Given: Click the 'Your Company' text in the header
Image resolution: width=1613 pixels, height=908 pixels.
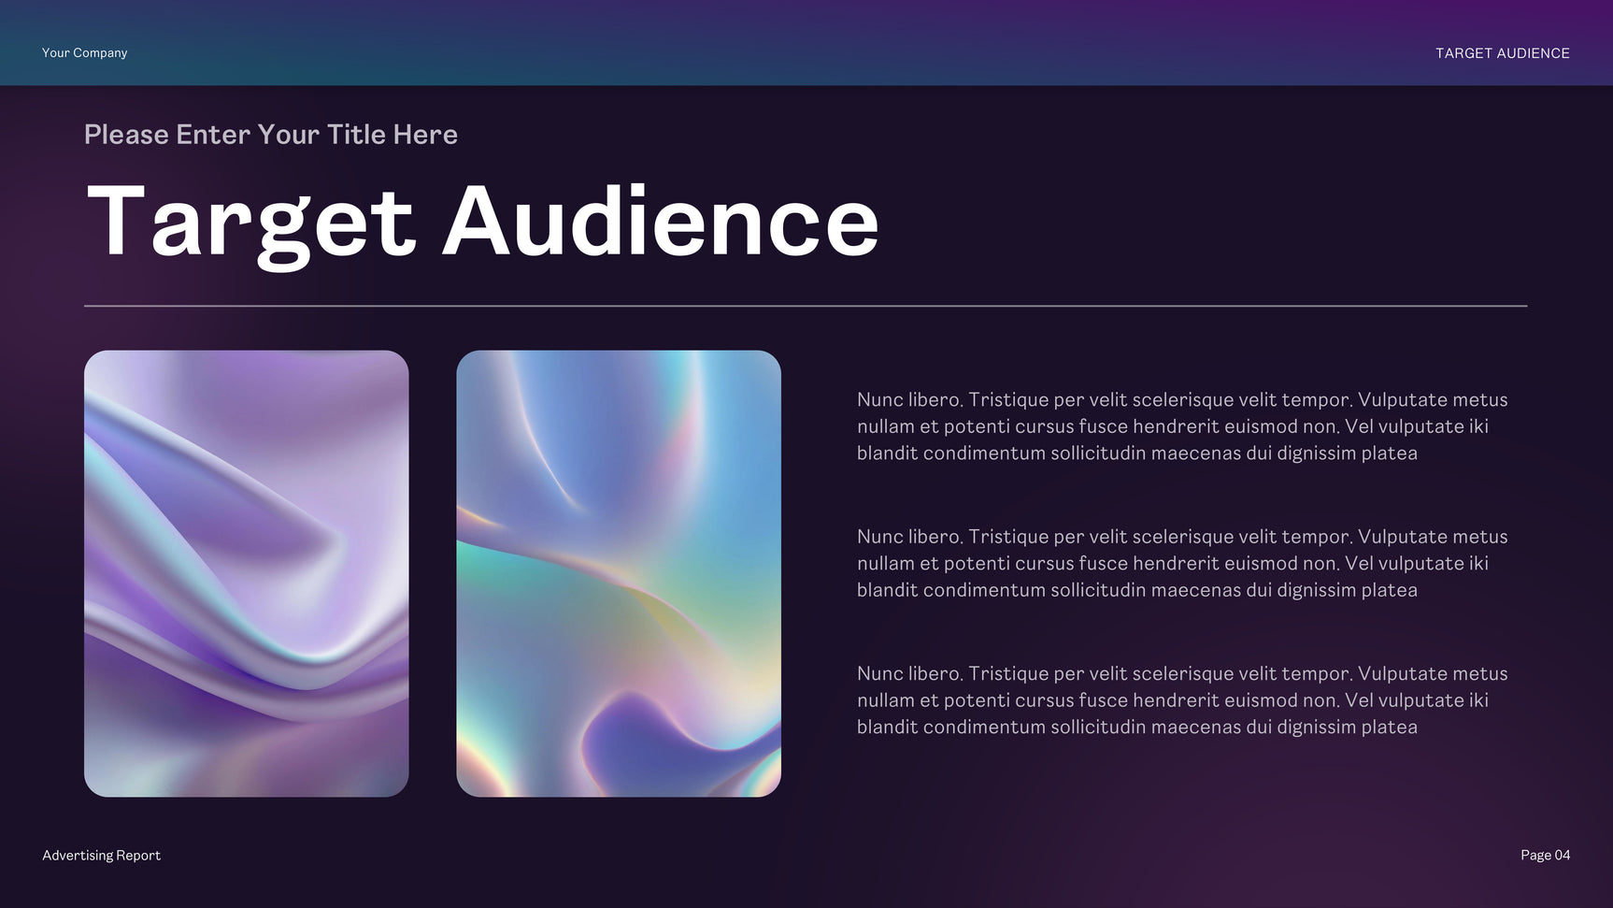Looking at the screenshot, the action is point(84,53).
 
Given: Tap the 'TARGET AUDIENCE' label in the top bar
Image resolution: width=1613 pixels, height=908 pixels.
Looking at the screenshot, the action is point(1503,53).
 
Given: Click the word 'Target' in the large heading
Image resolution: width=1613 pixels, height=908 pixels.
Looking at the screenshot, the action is point(250,223).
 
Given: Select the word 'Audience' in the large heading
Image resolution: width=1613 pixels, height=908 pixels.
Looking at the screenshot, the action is point(661,220).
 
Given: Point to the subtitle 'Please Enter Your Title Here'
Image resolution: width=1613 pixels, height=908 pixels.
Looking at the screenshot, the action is point(271,135).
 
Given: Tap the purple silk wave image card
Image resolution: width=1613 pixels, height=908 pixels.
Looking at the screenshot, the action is point(247,573).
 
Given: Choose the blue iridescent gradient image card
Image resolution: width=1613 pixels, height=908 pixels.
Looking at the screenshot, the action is point(619,573).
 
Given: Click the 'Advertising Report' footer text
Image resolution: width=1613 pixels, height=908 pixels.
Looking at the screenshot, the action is point(101,856).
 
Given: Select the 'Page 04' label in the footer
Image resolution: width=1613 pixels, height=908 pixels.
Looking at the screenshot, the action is point(1546,856).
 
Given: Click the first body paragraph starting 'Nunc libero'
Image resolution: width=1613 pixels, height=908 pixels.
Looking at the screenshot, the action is point(1182,426).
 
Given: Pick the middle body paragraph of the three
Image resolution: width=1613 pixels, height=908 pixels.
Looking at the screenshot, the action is point(1182,563).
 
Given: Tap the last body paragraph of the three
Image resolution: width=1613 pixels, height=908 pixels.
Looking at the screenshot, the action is point(1182,700).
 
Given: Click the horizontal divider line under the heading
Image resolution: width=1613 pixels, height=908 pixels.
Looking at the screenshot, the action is point(806,306).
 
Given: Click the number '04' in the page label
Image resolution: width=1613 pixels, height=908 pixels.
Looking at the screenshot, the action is point(1563,856).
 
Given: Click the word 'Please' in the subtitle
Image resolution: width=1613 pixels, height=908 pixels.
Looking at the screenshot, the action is point(126,135).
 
